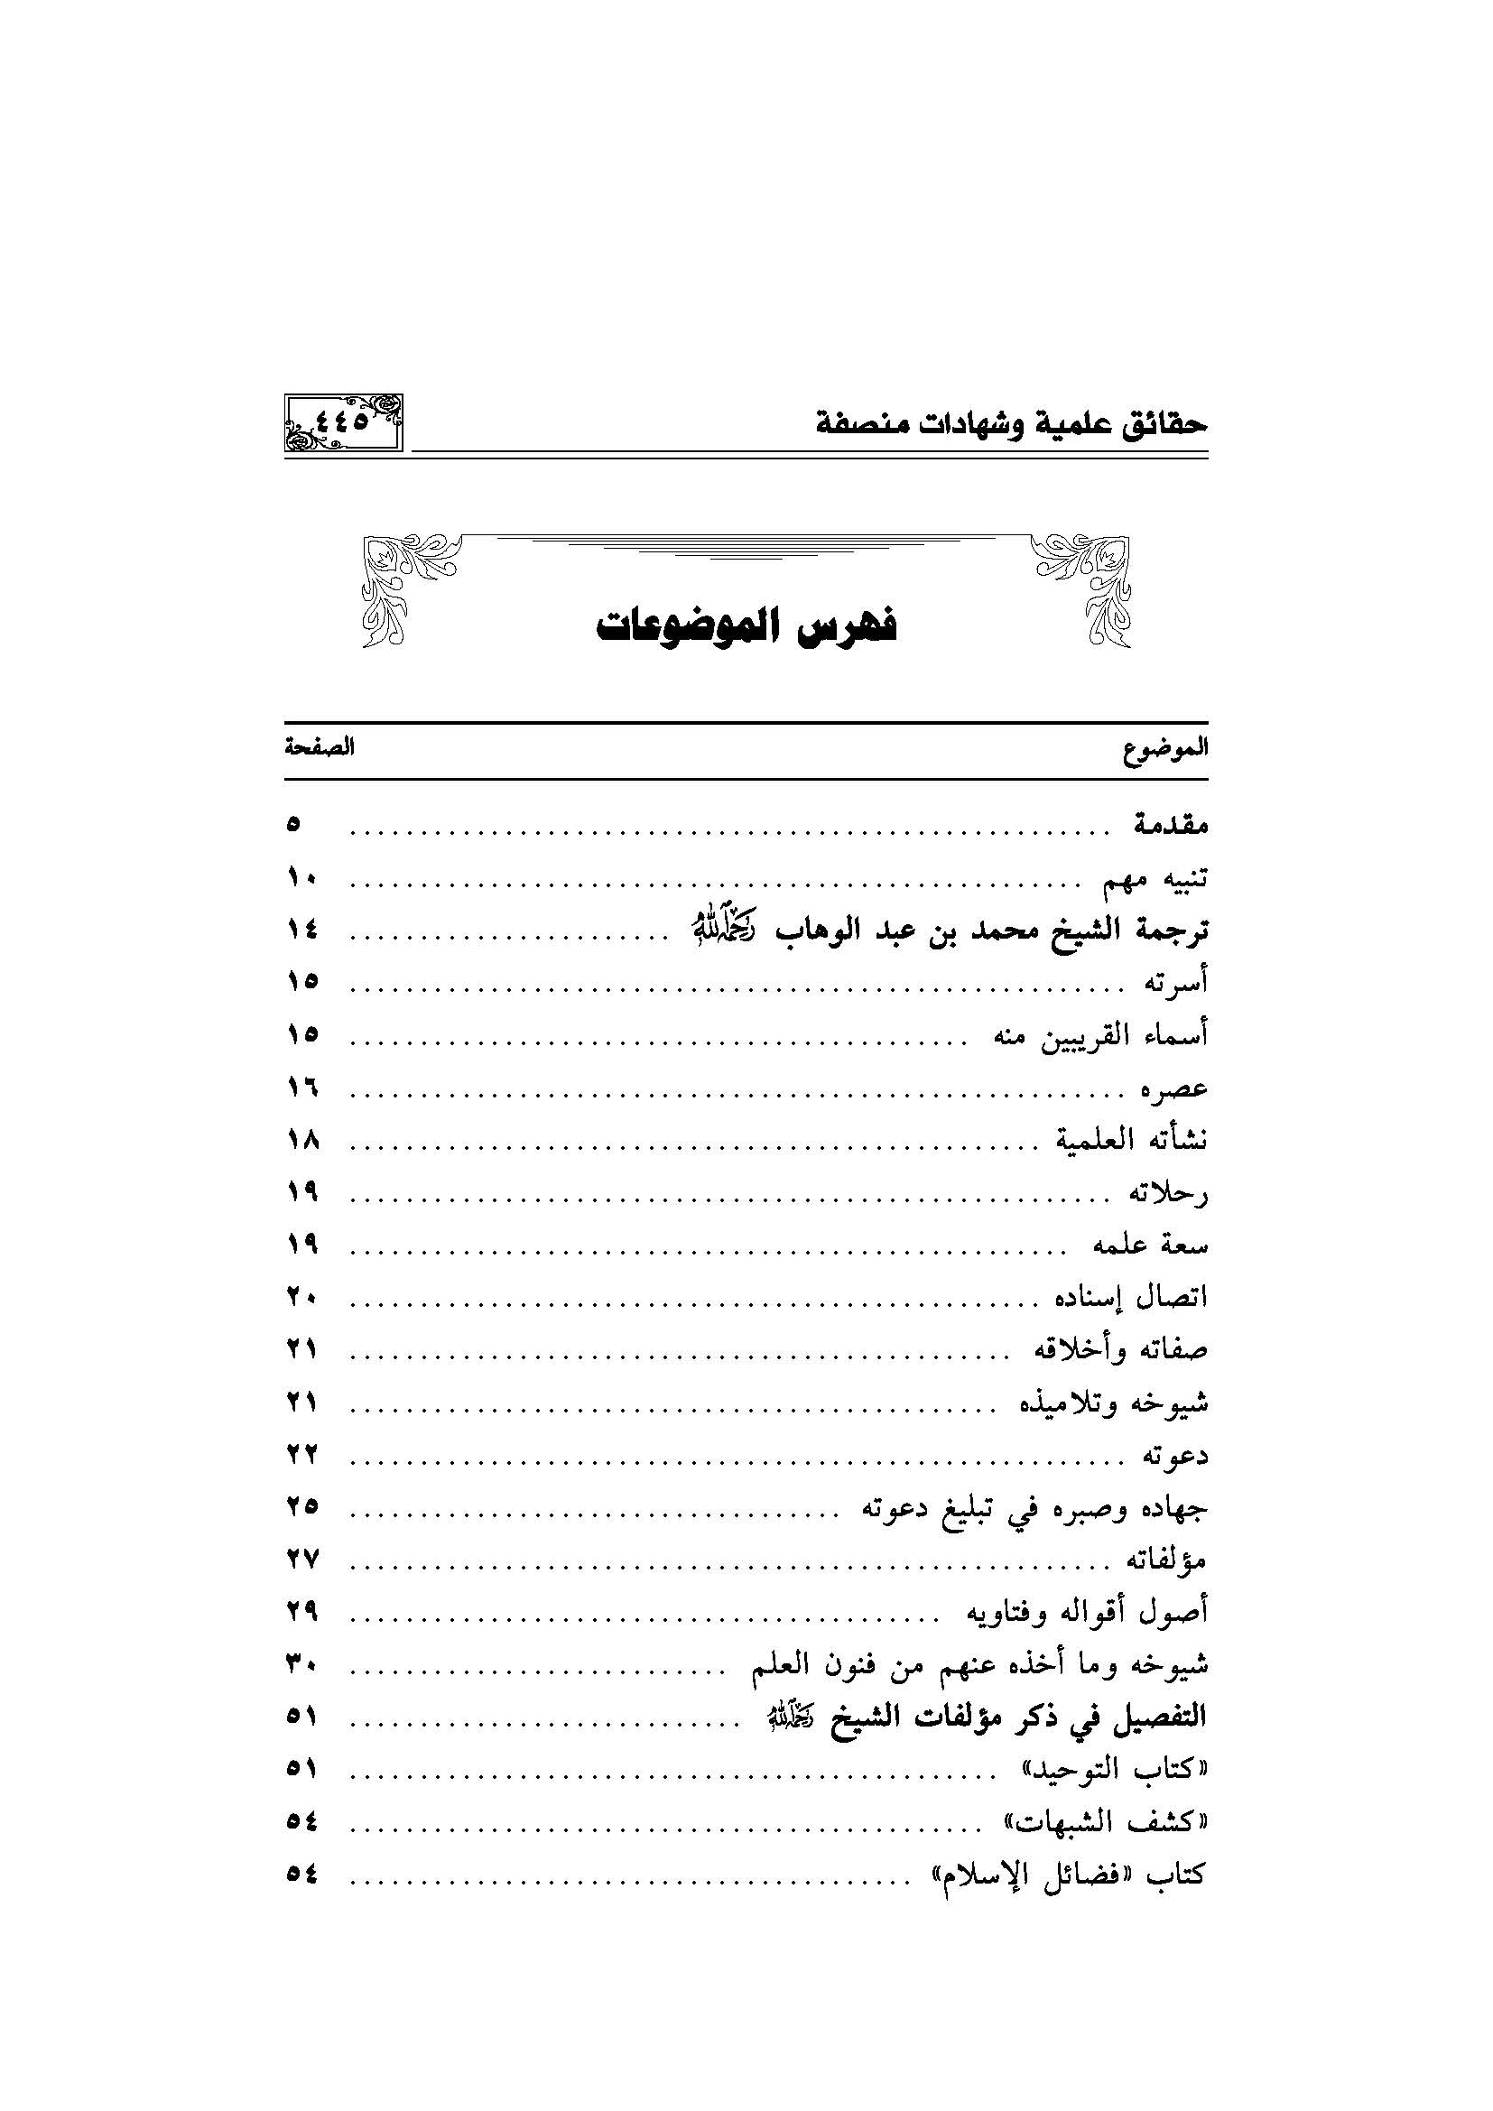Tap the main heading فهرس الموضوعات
746,627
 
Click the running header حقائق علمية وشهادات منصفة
1011,426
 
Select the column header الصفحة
319,747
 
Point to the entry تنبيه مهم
1155,879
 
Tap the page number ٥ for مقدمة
293,825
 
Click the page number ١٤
301,931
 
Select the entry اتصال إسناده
1131,1298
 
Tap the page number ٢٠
301,1298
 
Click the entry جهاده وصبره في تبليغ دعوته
1034,1509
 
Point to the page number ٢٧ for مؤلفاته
301,1560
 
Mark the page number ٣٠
301,1664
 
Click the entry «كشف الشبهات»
1103,1821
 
